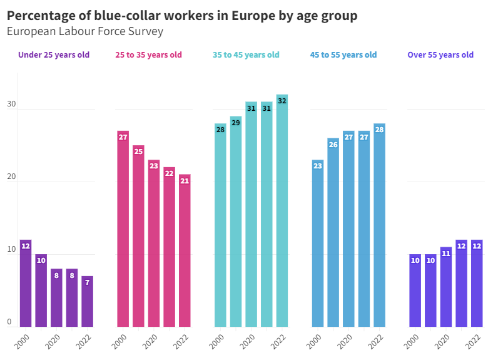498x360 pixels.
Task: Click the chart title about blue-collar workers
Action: (x=182, y=16)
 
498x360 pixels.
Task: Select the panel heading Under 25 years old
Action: (x=54, y=55)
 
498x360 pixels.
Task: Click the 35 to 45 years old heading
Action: (x=246, y=55)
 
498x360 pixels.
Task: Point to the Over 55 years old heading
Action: (x=440, y=55)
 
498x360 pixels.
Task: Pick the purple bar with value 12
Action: (x=26, y=283)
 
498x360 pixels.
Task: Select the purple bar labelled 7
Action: (x=87, y=301)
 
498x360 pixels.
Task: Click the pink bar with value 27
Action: (x=123, y=229)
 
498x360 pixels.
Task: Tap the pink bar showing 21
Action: (x=185, y=250)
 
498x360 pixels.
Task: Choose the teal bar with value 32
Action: (x=282, y=210)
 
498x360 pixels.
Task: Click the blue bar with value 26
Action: (x=333, y=232)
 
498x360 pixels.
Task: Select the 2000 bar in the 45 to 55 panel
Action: (x=318, y=243)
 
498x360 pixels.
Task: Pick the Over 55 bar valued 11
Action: (x=445, y=287)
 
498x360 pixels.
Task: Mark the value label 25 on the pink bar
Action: (x=138, y=152)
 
